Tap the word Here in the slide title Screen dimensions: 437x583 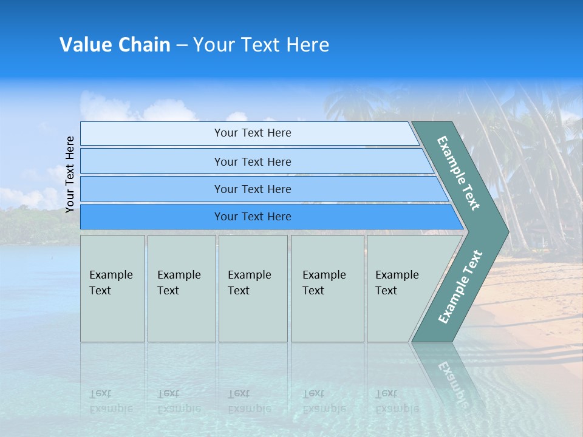(x=307, y=45)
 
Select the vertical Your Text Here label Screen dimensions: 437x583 (x=70, y=174)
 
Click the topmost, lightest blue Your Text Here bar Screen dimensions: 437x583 (x=252, y=133)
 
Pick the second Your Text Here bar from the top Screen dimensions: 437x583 (x=252, y=161)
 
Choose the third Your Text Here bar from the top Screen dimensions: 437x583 (x=252, y=189)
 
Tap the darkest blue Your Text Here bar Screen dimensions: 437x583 (x=252, y=217)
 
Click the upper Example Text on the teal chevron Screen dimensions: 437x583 (x=459, y=173)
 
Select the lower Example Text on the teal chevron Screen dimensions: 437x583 (x=460, y=286)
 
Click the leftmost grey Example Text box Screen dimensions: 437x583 (x=112, y=288)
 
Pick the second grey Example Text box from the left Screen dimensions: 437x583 (x=181, y=288)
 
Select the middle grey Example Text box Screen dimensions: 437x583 (x=253, y=288)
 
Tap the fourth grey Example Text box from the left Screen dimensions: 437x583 (x=327, y=288)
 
